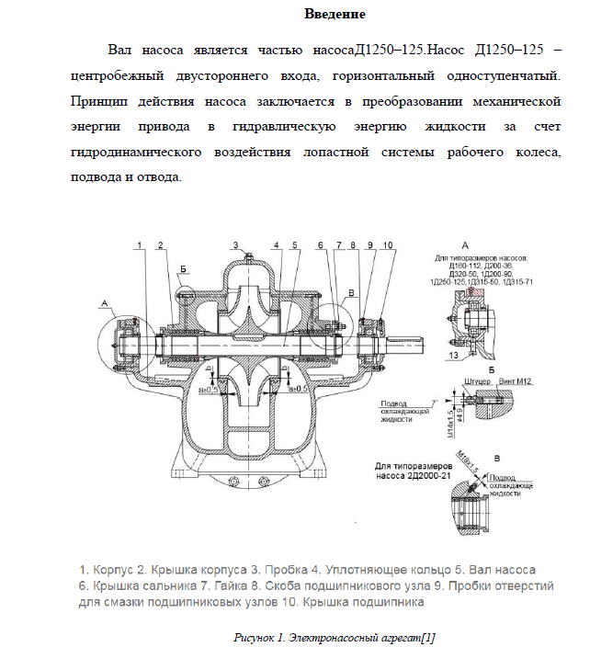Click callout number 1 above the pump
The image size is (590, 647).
pyautogui.click(x=141, y=244)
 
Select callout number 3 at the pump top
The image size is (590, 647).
pyautogui.click(x=235, y=244)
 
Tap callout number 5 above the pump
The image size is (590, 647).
pyautogui.click(x=294, y=244)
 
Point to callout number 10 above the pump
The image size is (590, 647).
pyautogui.click(x=387, y=244)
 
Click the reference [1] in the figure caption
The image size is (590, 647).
pyautogui.click(x=427, y=636)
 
